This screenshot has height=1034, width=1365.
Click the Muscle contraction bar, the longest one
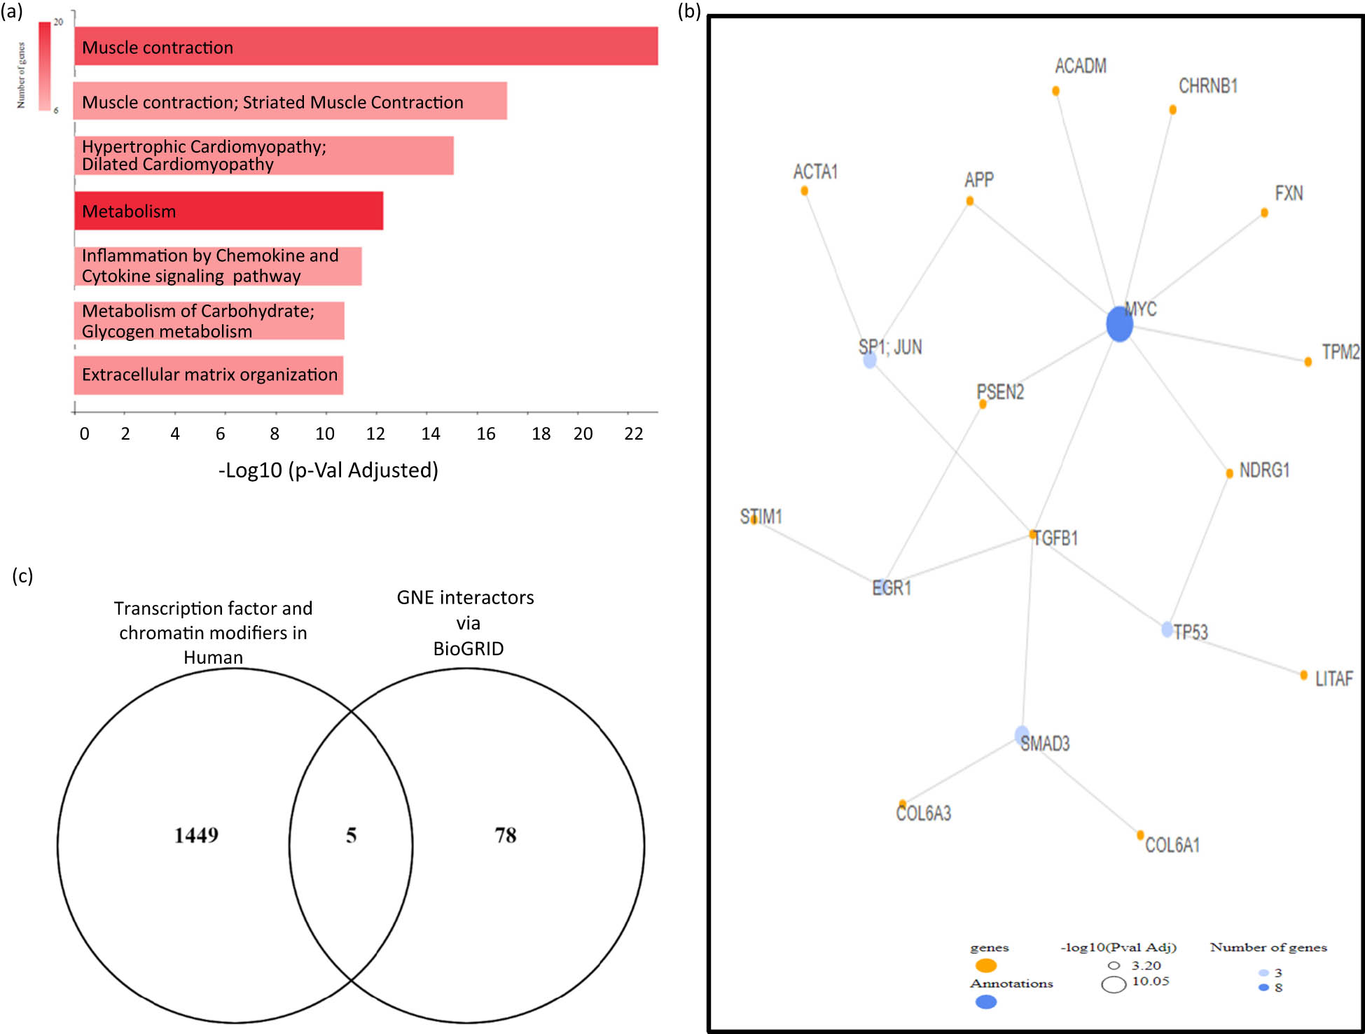[366, 46]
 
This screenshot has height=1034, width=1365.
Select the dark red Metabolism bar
[228, 211]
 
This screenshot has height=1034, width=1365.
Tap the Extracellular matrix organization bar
[209, 375]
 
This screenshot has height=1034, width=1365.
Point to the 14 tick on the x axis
[431, 434]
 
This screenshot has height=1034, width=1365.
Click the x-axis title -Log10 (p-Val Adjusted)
[328, 470]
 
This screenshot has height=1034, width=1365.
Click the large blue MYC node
[1119, 325]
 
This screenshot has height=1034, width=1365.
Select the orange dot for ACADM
[1055, 91]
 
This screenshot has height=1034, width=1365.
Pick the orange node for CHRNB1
[1172, 110]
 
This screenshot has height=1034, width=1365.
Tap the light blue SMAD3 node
[1022, 735]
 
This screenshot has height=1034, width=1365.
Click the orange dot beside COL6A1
[1140, 835]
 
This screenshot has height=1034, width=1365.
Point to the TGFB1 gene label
[1056, 538]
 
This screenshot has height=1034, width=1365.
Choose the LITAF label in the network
[1333, 678]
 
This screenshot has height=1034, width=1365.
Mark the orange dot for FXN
[1264, 213]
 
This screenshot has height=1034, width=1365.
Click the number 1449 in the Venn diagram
[196, 835]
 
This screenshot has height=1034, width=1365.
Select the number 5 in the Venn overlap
[351, 835]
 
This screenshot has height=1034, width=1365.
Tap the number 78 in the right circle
[506, 835]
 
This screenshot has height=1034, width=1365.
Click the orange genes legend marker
[986, 966]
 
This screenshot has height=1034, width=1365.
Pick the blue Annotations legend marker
[986, 1002]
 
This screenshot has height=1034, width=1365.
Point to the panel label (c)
[22, 575]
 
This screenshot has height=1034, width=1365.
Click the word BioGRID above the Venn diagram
[468, 649]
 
